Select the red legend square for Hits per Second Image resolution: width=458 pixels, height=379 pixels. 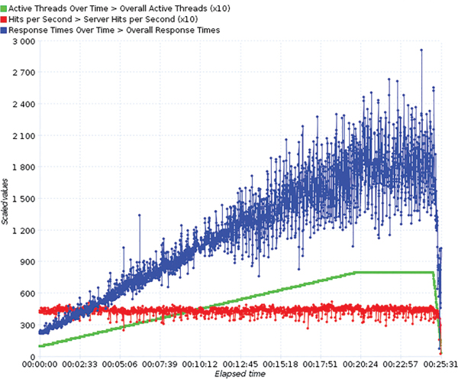coord(5,19)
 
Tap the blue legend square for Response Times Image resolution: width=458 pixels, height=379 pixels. coord(5,30)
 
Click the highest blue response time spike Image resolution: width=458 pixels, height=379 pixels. coord(421,50)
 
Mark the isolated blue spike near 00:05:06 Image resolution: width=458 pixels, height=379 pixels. coord(139,215)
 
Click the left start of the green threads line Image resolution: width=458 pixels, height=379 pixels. coord(39,346)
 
